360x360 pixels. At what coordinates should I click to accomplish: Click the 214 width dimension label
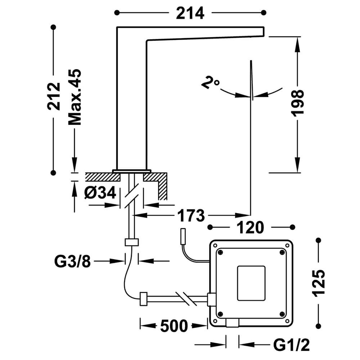point(190,13)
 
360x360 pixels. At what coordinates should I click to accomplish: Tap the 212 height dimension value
point(54,96)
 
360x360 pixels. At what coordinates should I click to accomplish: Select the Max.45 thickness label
point(75,97)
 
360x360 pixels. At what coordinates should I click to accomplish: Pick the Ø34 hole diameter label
point(100,193)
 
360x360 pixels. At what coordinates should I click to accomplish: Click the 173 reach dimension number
point(191,216)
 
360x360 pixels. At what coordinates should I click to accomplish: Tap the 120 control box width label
point(250,228)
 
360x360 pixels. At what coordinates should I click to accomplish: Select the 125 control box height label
point(318,283)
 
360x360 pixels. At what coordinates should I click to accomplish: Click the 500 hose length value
point(174,326)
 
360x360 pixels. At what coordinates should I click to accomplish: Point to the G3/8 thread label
point(73,261)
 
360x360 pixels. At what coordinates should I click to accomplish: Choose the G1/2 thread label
point(292,345)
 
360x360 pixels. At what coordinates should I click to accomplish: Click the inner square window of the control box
point(251,283)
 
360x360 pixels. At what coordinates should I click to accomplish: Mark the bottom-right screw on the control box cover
point(282,314)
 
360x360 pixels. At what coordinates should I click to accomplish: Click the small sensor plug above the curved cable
point(183,237)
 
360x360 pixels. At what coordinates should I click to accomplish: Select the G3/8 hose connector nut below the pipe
point(132,242)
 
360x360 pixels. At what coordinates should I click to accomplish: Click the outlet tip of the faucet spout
point(264,32)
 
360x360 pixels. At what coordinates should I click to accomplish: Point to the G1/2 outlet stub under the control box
point(232,323)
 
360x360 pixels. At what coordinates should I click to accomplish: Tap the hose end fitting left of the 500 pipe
point(144,299)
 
